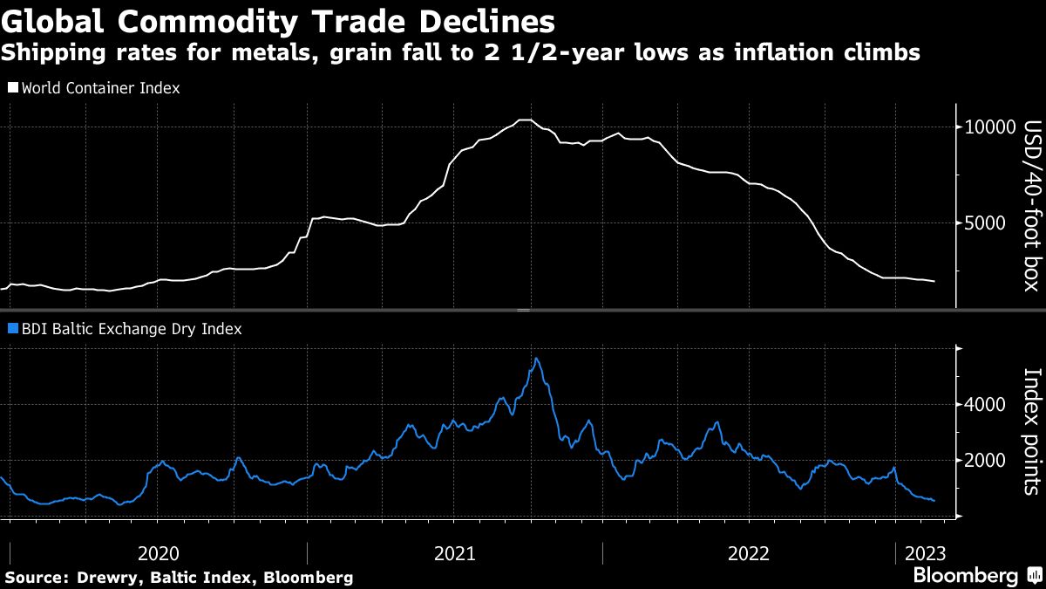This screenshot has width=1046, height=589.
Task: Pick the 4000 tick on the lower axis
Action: point(986,405)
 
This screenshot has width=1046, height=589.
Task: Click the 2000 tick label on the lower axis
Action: point(986,461)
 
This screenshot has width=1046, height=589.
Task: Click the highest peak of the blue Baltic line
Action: point(537,359)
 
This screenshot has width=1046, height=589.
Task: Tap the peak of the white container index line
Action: point(524,120)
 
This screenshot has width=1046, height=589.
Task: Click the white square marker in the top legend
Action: point(13,88)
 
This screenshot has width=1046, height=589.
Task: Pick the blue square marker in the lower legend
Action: point(13,330)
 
